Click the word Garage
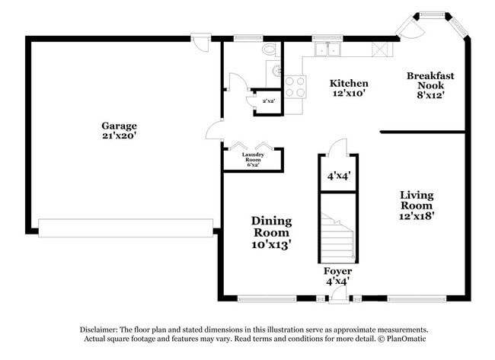[x=120, y=126]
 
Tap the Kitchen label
[x=349, y=83]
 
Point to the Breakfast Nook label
[x=430, y=81]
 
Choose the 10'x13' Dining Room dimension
[x=272, y=244]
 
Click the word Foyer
[x=337, y=271]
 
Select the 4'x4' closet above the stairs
[x=337, y=175]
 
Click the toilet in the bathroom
[x=269, y=49]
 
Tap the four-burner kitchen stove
[x=295, y=86]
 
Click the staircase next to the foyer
[x=337, y=228]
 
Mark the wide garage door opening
[x=126, y=228]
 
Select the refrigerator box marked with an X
[x=378, y=49]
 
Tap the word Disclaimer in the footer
[x=103, y=328]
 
